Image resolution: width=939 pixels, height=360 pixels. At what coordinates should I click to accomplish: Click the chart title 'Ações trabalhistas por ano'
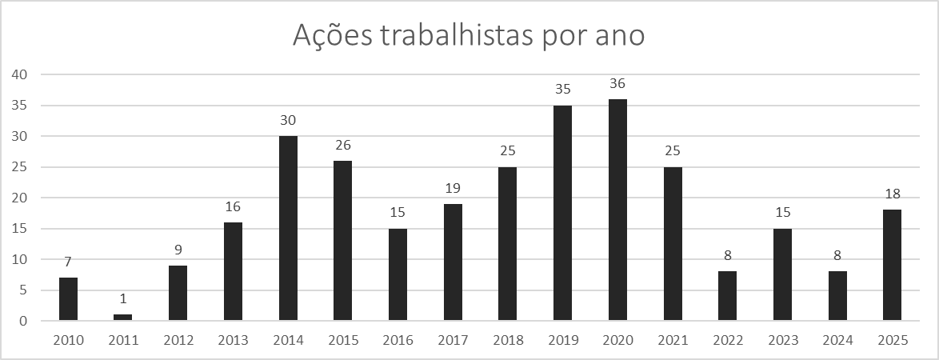(x=469, y=35)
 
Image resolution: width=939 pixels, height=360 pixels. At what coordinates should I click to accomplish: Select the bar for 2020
(x=617, y=210)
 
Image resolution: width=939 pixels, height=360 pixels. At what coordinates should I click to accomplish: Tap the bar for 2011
(x=123, y=318)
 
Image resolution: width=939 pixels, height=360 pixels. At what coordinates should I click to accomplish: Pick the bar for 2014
(x=288, y=229)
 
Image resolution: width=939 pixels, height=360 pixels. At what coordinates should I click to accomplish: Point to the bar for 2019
(x=562, y=214)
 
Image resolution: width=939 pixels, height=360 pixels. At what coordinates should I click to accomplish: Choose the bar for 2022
(x=727, y=296)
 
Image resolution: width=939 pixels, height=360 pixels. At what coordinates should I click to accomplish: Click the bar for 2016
(x=398, y=274)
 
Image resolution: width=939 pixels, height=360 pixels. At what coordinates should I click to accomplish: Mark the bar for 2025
(x=892, y=266)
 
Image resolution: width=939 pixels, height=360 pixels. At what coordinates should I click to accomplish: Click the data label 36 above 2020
(x=617, y=83)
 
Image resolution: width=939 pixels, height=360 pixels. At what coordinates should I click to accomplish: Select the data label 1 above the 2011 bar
(x=123, y=298)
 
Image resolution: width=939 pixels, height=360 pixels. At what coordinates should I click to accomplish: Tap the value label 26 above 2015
(x=343, y=145)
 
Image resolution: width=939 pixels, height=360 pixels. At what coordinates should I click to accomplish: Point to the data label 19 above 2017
(x=453, y=188)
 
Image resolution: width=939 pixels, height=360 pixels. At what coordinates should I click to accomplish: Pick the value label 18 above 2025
(x=892, y=194)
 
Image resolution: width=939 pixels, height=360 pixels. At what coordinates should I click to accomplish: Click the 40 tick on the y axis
(x=19, y=74)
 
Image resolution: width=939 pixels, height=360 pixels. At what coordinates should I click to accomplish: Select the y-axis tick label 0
(x=23, y=322)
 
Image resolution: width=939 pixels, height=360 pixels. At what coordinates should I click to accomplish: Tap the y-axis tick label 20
(x=19, y=198)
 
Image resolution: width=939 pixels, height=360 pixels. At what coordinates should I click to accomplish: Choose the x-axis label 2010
(x=68, y=340)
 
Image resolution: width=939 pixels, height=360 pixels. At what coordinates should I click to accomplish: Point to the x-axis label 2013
(x=233, y=340)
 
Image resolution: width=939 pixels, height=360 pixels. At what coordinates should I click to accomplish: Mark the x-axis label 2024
(x=837, y=340)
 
